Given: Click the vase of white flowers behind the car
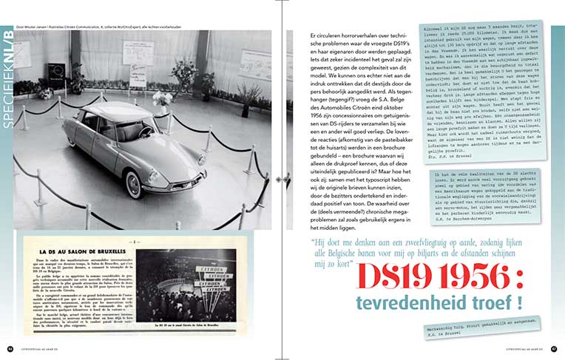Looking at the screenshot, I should click(161, 98).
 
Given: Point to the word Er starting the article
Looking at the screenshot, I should click(314, 35).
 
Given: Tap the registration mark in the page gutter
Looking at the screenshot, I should click(282, 180).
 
